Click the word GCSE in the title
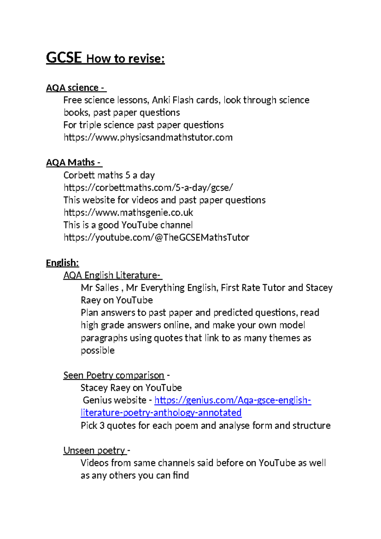pyautogui.click(x=64, y=58)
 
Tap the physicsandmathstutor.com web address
pyautogui.click(x=148, y=137)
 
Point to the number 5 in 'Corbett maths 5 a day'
pyautogui.click(x=128, y=175)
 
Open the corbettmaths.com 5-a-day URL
pyautogui.click(x=148, y=188)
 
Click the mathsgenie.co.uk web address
pyautogui.click(x=128, y=212)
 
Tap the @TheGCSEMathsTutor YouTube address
pyautogui.click(x=156, y=237)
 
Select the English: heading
pyautogui.click(x=62, y=263)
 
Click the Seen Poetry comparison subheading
pyautogui.click(x=114, y=375)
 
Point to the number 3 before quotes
pyautogui.click(x=102, y=426)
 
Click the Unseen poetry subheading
pyautogui.click(x=94, y=450)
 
